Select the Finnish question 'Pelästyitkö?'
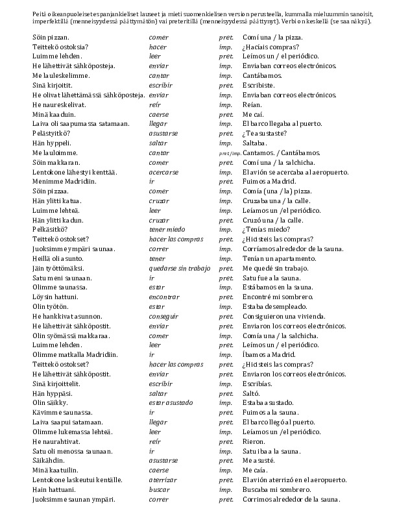click(x=51, y=133)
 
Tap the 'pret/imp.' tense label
click(x=229, y=153)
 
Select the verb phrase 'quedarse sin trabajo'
click(x=179, y=267)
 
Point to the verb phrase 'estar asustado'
click(x=171, y=402)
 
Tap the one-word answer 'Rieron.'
click(x=254, y=441)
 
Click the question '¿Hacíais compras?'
click(x=271, y=47)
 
